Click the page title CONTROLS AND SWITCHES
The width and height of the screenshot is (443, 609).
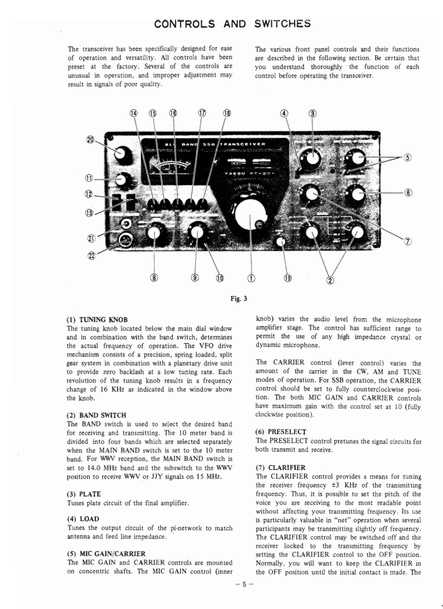232,23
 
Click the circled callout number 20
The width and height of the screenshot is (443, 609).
91,139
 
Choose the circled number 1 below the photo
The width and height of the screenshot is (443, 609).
251,278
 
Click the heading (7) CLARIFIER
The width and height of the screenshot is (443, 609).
280,467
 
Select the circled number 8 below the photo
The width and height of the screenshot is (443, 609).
154,278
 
